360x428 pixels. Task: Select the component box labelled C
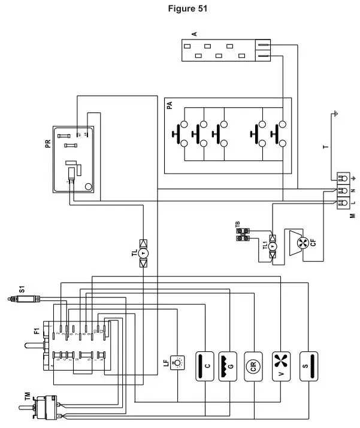click(206, 365)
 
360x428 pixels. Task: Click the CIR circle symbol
click(255, 365)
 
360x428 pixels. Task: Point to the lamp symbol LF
click(179, 362)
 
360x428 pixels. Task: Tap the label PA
click(170, 105)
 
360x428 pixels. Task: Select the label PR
click(47, 147)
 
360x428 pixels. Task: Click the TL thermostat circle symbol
click(144, 254)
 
